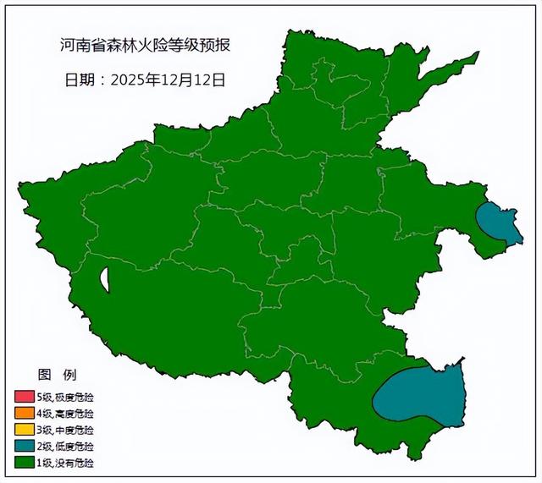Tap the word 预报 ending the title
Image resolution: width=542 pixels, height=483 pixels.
213,44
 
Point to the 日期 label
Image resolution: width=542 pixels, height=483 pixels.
80,80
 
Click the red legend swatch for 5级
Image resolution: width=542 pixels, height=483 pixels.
24,398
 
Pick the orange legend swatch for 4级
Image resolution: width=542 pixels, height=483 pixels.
24,414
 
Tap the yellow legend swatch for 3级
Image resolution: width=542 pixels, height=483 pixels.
24,430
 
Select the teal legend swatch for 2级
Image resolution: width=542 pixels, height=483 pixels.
24,446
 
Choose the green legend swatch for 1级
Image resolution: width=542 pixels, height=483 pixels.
24,463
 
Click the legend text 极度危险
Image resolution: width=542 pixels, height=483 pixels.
75,398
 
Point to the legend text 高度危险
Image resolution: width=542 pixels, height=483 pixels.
75,414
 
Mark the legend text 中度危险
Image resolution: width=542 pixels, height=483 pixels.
75,430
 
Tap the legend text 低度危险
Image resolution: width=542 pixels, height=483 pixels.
75,446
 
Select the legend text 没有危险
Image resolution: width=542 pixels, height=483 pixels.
75,463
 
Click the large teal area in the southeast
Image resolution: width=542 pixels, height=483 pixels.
422,396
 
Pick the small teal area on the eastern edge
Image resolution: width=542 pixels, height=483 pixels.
496,222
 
